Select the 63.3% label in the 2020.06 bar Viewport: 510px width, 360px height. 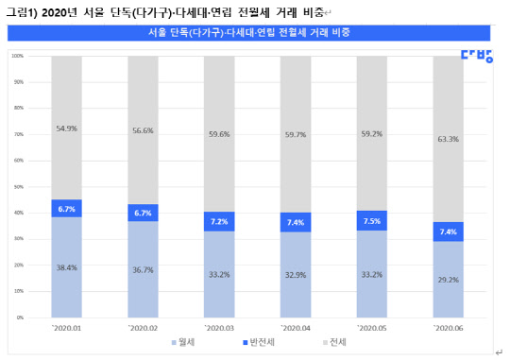click(448, 139)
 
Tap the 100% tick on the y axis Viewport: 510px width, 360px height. click(18, 56)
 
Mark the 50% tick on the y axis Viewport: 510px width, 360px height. click(19, 187)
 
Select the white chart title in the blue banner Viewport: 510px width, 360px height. click(255, 33)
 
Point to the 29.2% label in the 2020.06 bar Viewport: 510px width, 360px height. click(448, 280)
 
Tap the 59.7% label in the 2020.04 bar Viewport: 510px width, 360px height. click(295, 134)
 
